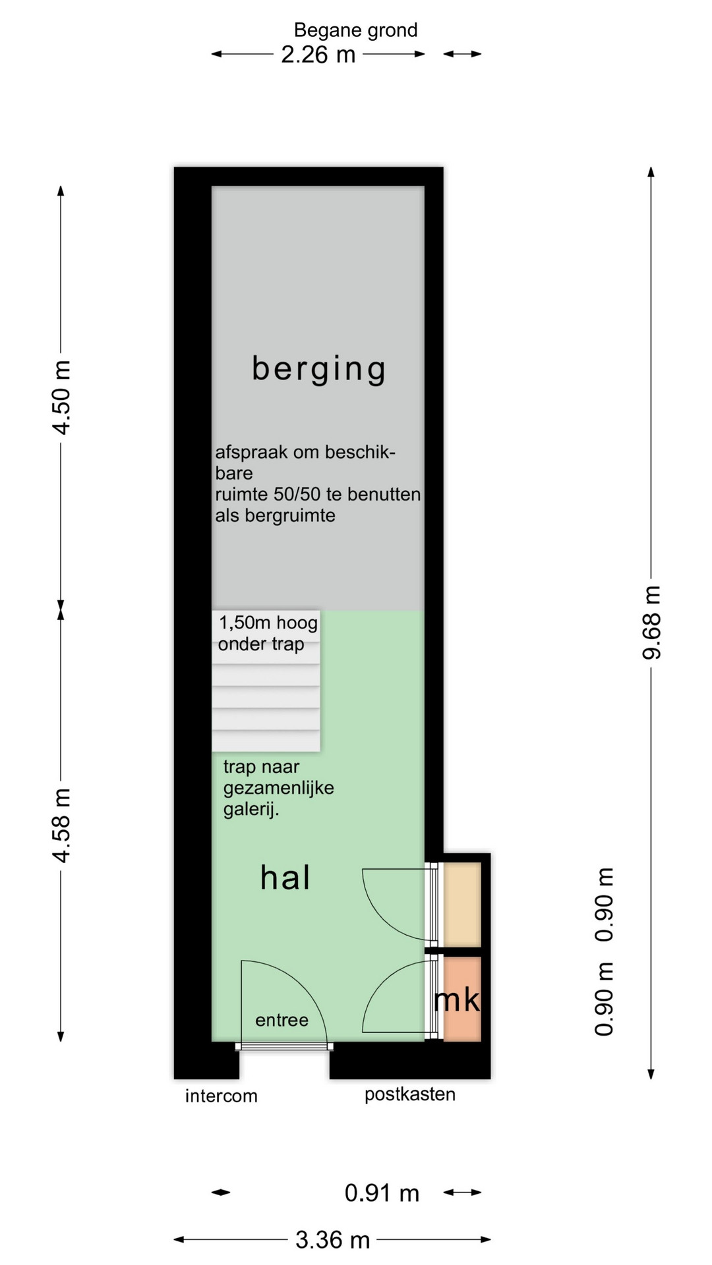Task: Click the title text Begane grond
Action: [355, 30]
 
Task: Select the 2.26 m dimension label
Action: [318, 55]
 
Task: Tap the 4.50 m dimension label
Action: [62, 397]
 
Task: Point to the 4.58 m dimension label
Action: [62, 825]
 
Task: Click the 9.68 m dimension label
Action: [651, 622]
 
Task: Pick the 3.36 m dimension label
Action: [332, 1241]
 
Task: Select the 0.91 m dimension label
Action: [382, 1193]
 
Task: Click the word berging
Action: [318, 369]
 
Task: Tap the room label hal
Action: [285, 878]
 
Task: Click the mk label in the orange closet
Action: [457, 999]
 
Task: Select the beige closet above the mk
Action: [461, 904]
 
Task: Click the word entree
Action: [282, 1021]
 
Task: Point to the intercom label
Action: [221, 1096]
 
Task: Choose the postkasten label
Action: [410, 1095]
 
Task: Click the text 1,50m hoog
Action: [268, 623]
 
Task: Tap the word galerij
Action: [250, 810]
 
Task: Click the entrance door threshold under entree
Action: [284, 1046]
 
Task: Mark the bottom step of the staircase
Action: [266, 741]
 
